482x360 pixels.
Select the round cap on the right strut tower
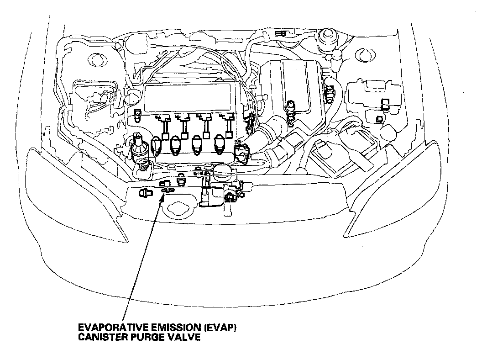pos(327,35)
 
